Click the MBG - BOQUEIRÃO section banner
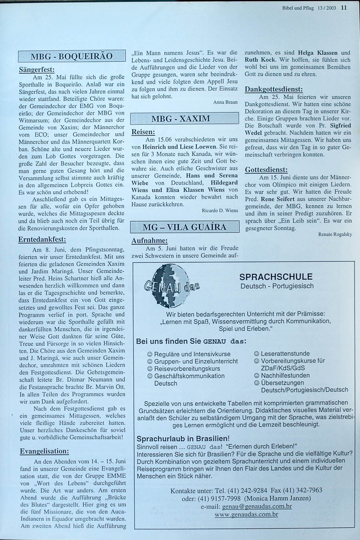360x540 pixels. pos(72,56)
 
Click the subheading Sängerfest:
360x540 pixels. pos(37,70)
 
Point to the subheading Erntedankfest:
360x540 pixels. pos(42,240)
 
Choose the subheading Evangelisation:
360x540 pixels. pos(44,451)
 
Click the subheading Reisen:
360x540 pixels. pos(143,132)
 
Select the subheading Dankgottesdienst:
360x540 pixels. pos(274,89)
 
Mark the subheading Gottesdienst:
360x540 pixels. pos(266,170)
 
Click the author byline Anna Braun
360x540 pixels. pos(225,103)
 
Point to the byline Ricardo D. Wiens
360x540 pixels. pos(220,211)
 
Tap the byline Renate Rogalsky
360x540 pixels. pos(335,235)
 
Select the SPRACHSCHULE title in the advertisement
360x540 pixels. pos(275,277)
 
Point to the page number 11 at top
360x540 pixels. pos(344,7)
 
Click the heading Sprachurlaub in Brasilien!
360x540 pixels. pos(183,439)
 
